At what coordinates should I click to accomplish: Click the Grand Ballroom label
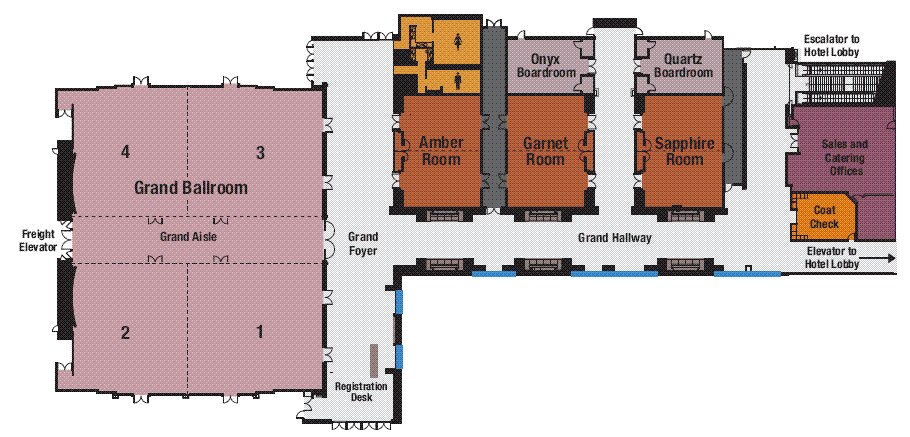pos(191,187)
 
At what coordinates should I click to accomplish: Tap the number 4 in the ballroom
pos(125,153)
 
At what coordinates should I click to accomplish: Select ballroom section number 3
pos(261,153)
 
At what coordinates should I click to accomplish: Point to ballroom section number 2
pos(125,333)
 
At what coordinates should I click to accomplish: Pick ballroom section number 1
pos(260,332)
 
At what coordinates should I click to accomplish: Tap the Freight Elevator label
pos(38,240)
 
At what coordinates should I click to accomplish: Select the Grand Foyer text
pos(363,244)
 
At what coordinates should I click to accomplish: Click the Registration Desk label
pos(362,392)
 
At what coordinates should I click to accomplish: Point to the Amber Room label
pos(441,151)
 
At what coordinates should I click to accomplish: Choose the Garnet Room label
pos(545,151)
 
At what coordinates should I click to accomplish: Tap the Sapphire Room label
pos(685,151)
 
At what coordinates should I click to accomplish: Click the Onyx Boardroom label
pos(546,66)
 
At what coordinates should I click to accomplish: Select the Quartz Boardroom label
pos(680,66)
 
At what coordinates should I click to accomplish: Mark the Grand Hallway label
pos(615,238)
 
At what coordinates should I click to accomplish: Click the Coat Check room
pos(824,217)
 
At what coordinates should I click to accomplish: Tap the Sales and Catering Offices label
pos(845,157)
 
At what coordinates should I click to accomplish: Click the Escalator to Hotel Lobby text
pos(831,45)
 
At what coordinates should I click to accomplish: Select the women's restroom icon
pos(458,41)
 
